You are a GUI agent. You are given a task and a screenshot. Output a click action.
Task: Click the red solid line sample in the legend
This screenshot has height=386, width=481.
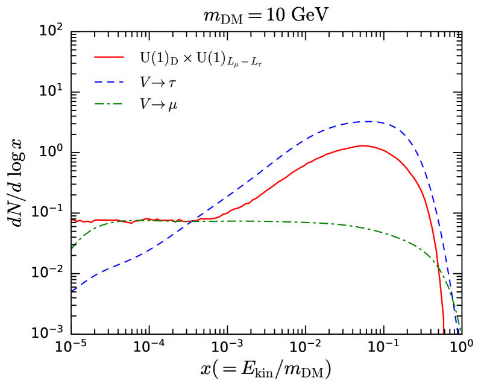click(x=109, y=57)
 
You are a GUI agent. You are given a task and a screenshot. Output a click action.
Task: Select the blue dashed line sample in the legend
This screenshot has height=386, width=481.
click(x=109, y=81)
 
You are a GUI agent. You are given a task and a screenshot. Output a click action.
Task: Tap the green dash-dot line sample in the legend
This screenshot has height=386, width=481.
click(x=109, y=104)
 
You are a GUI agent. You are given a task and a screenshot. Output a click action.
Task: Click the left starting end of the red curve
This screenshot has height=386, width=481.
click(x=72, y=220)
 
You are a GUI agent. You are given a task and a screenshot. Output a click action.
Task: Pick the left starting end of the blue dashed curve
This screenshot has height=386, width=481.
click(x=72, y=291)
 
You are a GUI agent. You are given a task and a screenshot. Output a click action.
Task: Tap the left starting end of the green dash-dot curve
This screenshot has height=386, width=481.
click(x=72, y=248)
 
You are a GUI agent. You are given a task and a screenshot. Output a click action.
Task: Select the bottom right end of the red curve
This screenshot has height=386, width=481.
click(x=444, y=332)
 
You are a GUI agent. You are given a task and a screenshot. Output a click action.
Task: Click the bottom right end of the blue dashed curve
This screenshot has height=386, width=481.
click(x=457, y=332)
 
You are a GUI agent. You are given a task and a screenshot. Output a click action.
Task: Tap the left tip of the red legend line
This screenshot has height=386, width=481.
click(x=95, y=57)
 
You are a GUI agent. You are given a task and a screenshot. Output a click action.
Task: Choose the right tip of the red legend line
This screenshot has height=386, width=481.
click(x=124, y=57)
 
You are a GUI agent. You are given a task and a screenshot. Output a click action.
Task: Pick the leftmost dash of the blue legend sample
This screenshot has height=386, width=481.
click(x=98, y=81)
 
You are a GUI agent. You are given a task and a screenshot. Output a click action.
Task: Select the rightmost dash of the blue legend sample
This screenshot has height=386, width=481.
click(x=121, y=81)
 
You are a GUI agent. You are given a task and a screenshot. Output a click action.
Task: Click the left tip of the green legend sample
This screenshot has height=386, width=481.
click(x=95, y=104)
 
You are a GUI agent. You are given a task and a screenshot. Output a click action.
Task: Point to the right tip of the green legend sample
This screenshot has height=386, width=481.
click(x=123, y=104)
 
